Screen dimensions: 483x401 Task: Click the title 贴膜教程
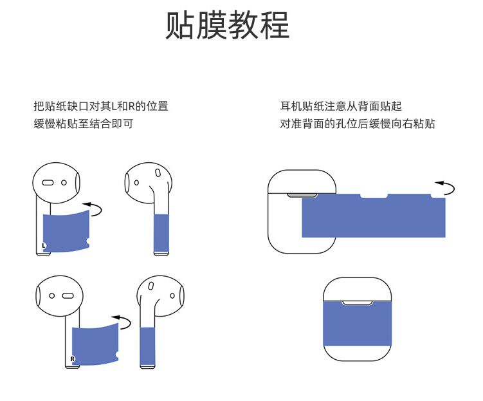(x=228, y=26)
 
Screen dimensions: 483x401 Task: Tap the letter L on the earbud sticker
(x=44, y=245)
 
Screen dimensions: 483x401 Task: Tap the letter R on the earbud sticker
(x=73, y=358)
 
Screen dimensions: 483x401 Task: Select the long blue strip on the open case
(x=373, y=217)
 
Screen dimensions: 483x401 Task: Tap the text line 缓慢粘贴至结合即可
(x=84, y=124)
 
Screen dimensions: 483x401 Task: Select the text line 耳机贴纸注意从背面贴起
(x=341, y=107)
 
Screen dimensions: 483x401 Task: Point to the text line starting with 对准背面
(x=358, y=124)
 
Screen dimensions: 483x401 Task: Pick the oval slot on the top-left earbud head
(x=48, y=182)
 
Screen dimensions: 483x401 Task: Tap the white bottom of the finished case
(x=358, y=354)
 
